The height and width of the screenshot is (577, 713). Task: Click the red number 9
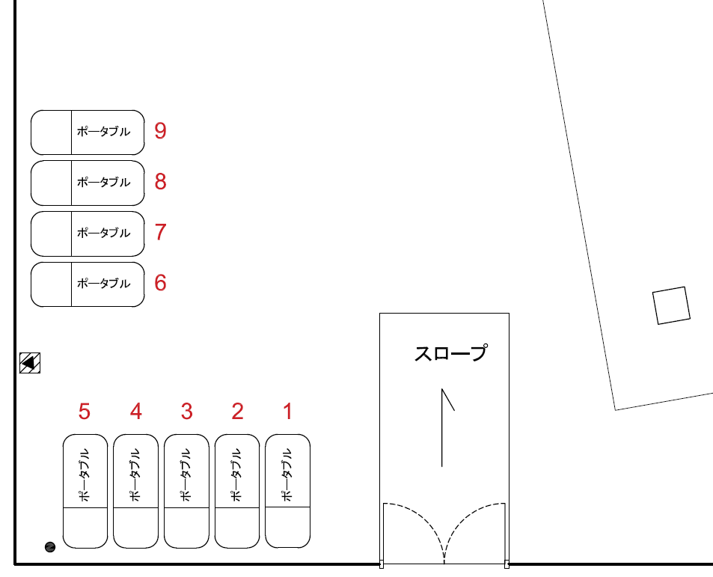[160, 131]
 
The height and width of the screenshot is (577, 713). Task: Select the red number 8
[160, 182]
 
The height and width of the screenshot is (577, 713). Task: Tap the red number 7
[160, 232]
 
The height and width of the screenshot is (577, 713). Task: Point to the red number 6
[160, 283]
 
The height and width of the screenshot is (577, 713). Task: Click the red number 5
[85, 411]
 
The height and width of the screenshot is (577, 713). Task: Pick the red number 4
[135, 411]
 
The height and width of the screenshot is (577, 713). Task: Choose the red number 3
[186, 411]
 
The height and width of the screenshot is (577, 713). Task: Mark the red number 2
[237, 411]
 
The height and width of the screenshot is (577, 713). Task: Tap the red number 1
[287, 411]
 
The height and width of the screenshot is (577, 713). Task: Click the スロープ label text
[450, 353]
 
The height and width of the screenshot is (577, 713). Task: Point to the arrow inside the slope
[444, 427]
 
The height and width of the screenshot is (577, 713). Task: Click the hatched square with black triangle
[30, 363]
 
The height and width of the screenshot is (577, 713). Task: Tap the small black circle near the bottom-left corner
[50, 547]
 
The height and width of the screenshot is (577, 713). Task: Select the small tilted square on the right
[670, 306]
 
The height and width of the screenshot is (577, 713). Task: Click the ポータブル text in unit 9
[103, 132]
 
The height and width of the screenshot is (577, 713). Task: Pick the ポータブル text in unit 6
[103, 284]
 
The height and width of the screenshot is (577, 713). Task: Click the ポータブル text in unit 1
[287, 474]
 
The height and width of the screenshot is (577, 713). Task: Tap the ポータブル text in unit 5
[85, 474]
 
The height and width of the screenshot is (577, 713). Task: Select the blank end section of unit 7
[51, 233]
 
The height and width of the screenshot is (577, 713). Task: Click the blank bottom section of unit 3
[186, 527]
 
